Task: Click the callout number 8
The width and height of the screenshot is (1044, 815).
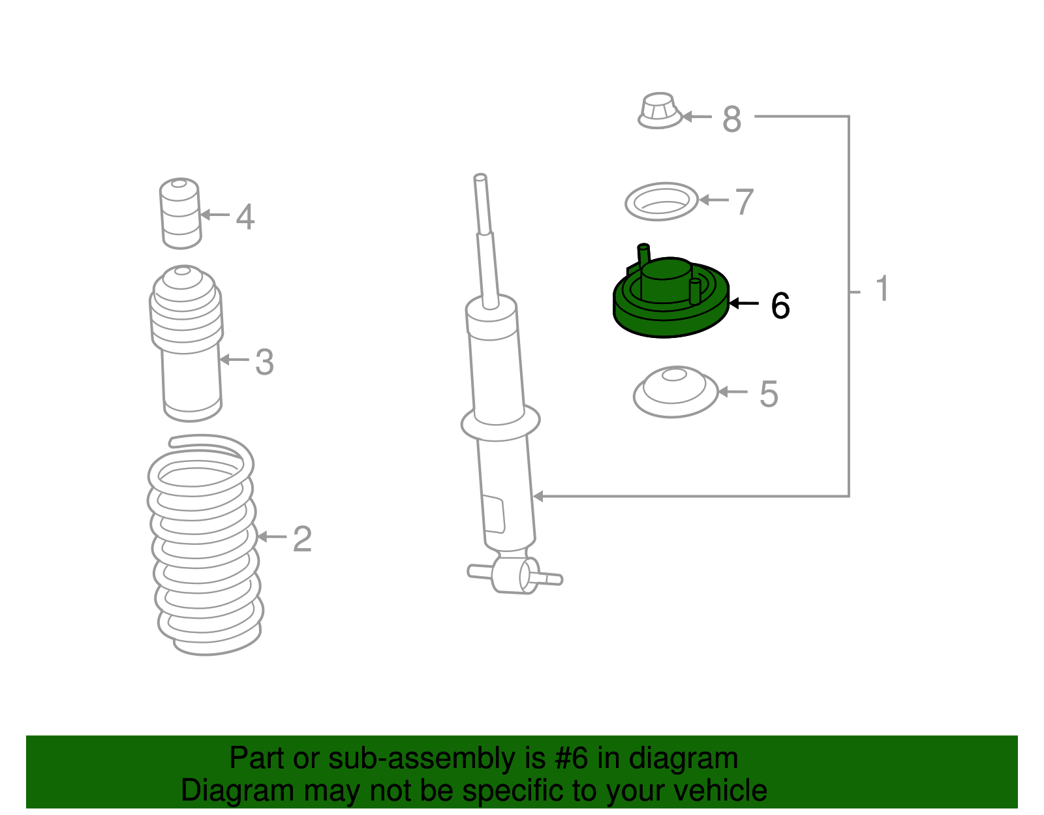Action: point(731,119)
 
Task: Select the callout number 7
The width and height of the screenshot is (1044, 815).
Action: point(745,202)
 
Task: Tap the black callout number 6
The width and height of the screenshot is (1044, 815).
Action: point(780,305)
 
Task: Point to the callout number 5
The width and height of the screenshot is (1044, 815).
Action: point(768,394)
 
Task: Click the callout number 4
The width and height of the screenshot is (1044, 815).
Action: point(245,217)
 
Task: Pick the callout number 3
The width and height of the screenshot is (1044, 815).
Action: point(265,362)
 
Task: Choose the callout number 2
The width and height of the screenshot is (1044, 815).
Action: point(302,539)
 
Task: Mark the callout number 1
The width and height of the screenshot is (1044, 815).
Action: point(882,288)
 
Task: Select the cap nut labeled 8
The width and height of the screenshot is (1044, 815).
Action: point(660,111)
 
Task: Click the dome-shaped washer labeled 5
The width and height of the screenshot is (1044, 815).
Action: point(675,392)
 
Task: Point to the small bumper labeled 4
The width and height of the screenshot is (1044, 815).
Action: point(180,214)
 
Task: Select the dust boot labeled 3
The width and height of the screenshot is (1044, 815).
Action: point(187,343)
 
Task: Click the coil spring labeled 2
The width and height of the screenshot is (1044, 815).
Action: point(206,545)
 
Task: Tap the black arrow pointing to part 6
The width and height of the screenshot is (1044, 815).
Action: point(744,303)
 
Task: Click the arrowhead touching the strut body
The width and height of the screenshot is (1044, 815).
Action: point(538,496)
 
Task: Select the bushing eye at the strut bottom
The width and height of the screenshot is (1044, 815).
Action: point(515,575)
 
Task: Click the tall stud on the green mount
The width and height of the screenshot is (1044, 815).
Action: point(644,256)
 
